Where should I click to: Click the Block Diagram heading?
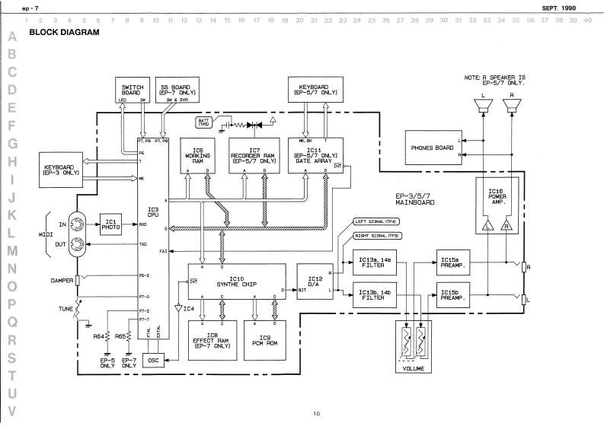[x=64, y=35]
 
